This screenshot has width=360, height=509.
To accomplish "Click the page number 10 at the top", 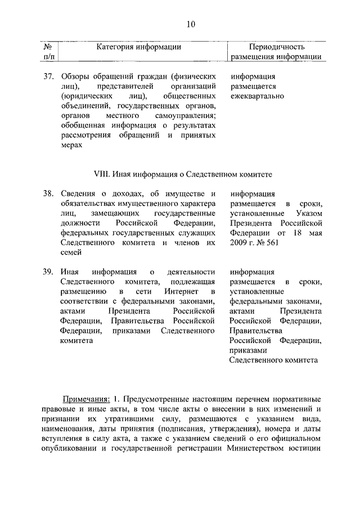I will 191,24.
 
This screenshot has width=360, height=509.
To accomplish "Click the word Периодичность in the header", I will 276,47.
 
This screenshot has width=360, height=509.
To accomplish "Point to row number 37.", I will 48,76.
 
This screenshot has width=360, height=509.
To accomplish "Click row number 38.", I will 48,193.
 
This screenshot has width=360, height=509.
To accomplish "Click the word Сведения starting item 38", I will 78,193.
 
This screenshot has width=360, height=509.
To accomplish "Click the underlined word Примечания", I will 86,398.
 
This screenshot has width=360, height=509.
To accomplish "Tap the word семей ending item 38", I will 71,253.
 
